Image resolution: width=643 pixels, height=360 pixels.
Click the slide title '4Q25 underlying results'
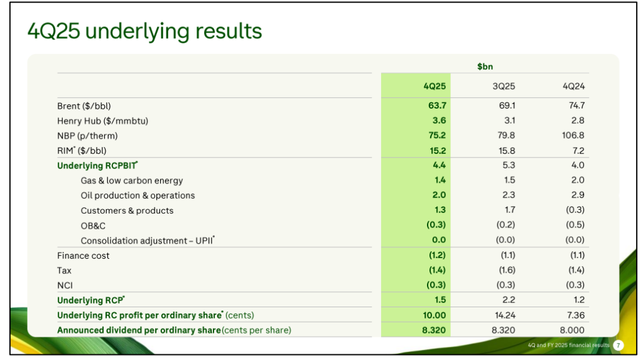(144, 31)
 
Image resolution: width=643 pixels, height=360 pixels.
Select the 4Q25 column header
(435, 86)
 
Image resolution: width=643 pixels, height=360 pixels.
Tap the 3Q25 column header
(504, 86)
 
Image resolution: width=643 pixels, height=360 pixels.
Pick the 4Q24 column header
(573, 86)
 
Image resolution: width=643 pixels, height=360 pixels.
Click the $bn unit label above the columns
(484, 66)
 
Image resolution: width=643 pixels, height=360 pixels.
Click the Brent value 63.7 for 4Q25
(437, 106)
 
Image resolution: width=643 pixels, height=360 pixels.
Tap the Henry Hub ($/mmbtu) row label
(102, 121)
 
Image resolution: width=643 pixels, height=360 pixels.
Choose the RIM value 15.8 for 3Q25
(506, 151)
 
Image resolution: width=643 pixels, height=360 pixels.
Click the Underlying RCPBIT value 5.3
(509, 165)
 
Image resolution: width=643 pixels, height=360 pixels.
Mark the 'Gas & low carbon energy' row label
(132, 180)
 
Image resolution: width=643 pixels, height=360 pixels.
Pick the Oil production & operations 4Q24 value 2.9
(578, 195)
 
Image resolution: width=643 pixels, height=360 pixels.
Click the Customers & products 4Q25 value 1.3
(439, 210)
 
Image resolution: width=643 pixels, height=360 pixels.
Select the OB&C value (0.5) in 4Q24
(575, 225)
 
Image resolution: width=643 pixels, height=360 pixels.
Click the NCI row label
(65, 285)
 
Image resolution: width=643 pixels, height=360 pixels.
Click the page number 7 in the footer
(619, 346)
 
